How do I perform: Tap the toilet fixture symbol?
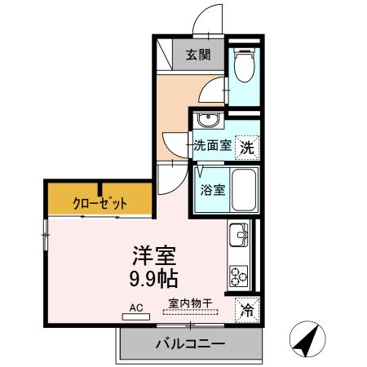(242, 65)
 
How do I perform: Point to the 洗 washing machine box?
(246, 148)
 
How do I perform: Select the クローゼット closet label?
(98, 201)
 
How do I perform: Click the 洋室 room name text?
(154, 255)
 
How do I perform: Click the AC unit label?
(135, 310)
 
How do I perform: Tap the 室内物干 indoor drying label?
(190, 304)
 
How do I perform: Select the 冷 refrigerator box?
(247, 310)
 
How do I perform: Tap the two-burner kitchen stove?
(241, 276)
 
